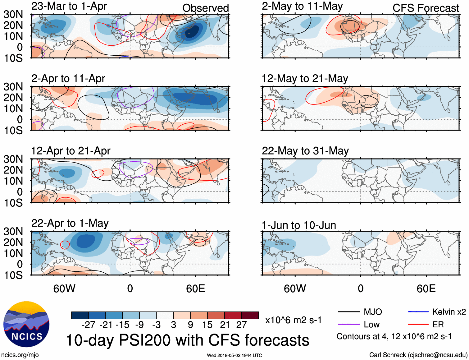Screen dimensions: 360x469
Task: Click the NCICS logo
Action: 26,324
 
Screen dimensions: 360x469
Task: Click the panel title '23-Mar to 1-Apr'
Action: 69,6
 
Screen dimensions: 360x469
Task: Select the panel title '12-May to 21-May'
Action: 305,79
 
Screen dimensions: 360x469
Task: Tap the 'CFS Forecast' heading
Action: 426,8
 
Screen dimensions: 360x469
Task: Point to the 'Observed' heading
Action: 205,8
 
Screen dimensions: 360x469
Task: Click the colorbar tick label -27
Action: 89,325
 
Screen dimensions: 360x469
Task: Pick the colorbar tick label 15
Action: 207,325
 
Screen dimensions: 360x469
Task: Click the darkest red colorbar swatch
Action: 250,315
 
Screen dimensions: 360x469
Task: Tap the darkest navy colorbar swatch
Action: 80,315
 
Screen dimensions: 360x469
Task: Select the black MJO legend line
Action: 348,312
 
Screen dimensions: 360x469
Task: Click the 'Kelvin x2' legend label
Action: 449,312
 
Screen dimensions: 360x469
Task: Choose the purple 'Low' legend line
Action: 348,325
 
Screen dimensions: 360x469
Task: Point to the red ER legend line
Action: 418,325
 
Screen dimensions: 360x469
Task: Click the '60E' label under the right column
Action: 426,288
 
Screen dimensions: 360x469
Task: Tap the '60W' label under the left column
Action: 64,288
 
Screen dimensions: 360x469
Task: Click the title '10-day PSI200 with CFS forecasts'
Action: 188,340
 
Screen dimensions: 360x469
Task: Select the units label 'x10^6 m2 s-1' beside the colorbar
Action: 293,320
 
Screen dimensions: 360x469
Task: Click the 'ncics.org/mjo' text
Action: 20,355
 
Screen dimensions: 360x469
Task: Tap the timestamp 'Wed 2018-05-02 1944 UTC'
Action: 234,355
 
